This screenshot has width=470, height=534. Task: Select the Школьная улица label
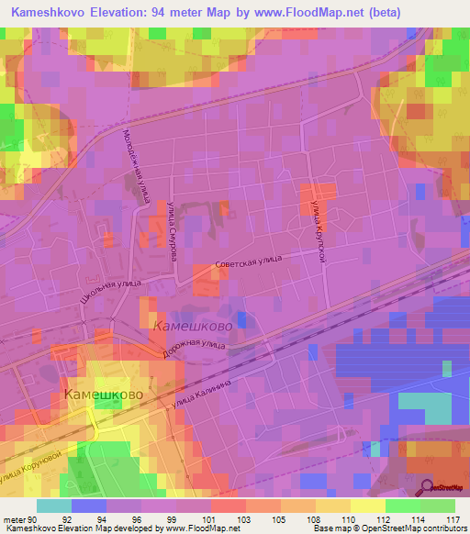109,296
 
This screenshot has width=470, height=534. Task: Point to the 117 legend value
450,518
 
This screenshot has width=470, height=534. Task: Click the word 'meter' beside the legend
16,518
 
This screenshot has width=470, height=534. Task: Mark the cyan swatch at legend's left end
53,506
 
